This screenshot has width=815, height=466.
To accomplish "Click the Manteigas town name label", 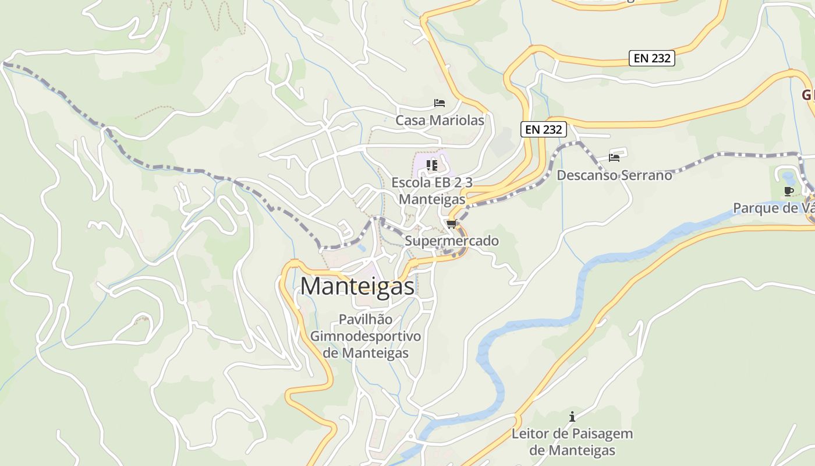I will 357,286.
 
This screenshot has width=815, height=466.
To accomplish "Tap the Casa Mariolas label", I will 440,121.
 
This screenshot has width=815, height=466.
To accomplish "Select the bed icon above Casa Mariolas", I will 440,103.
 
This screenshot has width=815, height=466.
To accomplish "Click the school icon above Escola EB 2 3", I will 431,165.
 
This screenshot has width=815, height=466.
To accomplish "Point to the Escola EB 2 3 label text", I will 431,182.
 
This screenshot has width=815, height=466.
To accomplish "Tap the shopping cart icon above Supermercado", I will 451,224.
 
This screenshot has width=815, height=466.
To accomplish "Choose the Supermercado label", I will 451,241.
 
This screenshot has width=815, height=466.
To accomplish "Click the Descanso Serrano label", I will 614,175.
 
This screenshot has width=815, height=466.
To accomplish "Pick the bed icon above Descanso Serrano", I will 614,157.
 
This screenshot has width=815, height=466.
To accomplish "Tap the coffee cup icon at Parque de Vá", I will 789,191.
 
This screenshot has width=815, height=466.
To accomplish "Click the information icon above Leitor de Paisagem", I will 572,416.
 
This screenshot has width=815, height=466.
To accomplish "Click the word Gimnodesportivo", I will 365,336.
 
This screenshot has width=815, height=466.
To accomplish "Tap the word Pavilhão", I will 365,320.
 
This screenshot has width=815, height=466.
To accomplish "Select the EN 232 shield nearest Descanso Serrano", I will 543,129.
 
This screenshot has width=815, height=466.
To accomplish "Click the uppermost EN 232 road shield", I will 651,58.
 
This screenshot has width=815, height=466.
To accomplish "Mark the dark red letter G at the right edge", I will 807,95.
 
